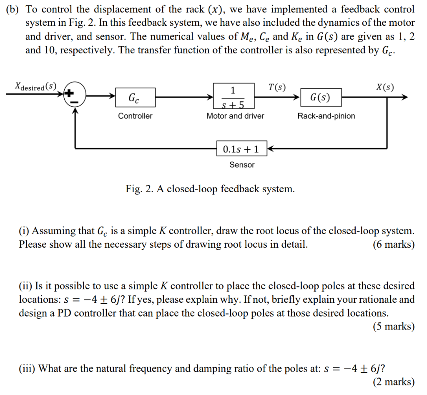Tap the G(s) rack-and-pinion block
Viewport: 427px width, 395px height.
320,98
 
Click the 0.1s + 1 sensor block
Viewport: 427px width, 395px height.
241,148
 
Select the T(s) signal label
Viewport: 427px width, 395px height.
277,87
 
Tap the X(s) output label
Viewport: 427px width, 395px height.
384,87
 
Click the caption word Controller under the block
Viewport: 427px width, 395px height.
135,116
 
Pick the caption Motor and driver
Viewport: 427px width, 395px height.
235,116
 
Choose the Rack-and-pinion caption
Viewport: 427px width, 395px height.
326,116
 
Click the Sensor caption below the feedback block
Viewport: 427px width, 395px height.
242,165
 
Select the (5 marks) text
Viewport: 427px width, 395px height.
394,327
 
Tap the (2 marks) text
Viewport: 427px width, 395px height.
394,382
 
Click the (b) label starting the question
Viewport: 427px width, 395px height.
14,9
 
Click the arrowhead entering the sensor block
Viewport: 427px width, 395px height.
269,148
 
